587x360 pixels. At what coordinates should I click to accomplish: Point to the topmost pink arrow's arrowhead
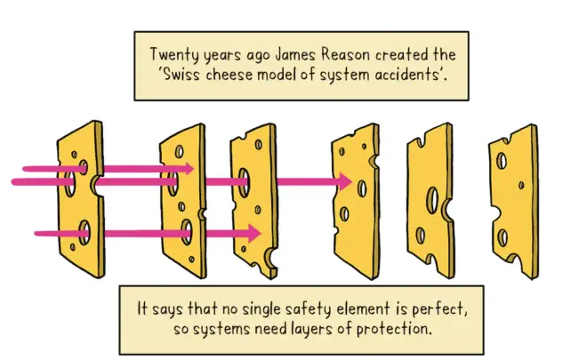pos(188,167)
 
